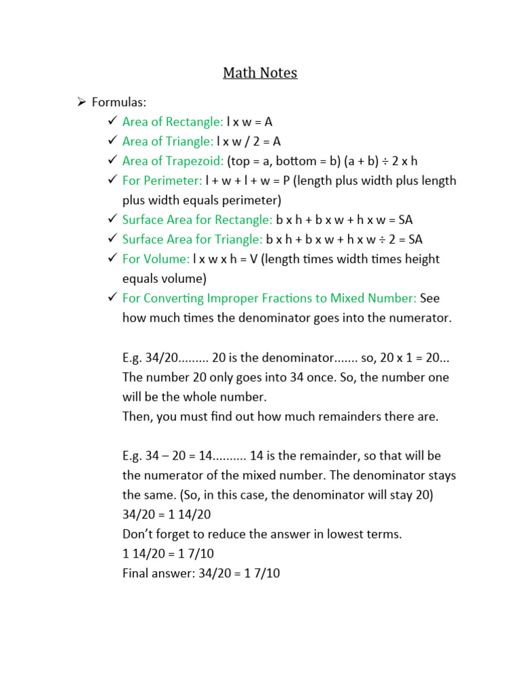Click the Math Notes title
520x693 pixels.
pos(260,72)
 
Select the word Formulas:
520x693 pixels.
pos(118,102)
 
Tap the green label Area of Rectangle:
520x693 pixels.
pos(173,122)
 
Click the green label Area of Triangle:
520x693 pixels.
pos(168,141)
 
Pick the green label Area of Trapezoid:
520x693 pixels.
pos(173,161)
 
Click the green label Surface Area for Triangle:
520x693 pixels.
pos(193,240)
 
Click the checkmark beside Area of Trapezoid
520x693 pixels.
pos(112,161)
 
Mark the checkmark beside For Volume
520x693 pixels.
pos(112,259)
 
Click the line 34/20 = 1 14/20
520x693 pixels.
pos(167,515)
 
